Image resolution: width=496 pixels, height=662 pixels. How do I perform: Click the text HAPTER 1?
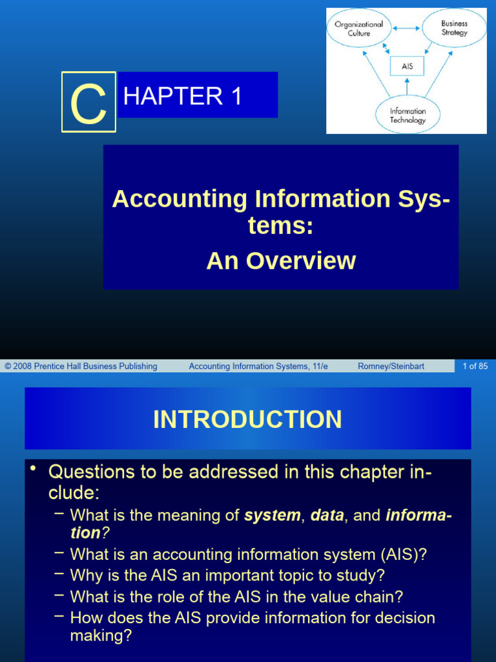182,96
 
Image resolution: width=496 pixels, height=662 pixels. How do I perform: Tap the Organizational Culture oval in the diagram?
358,28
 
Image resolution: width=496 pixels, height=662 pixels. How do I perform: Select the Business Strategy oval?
454,28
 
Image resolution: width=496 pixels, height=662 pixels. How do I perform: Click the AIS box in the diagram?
407,66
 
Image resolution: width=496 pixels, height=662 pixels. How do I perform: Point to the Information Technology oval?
408,116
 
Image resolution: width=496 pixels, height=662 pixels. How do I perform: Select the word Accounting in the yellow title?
178,198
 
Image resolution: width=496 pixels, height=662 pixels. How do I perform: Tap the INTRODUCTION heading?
247,419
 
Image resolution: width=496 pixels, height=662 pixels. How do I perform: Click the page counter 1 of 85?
475,366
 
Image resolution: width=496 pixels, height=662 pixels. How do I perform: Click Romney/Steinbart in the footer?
391,366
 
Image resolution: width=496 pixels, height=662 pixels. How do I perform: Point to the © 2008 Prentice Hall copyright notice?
81,366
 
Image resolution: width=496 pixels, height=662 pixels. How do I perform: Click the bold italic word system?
273,515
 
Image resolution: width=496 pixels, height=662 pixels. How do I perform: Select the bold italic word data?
326,515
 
